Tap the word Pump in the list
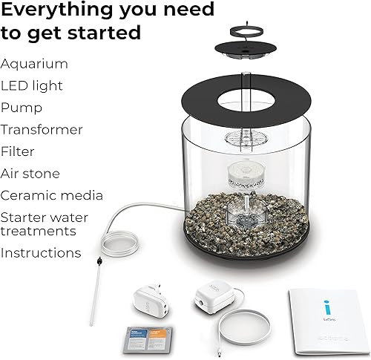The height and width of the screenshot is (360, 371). [x=22, y=108]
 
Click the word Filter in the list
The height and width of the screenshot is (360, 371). [x=19, y=151]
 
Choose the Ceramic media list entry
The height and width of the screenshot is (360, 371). [x=51, y=196]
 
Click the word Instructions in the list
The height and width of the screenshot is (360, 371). [x=41, y=252]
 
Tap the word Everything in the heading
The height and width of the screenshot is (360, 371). [x=59, y=10]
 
